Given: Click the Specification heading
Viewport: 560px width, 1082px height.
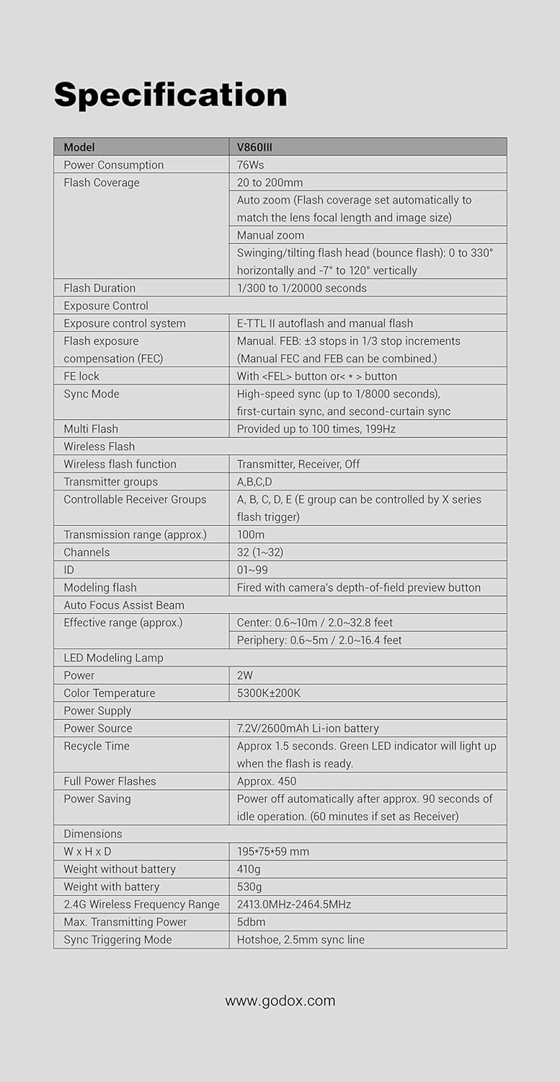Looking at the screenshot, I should pos(170,95).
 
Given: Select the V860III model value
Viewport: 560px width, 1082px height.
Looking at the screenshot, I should pos(254,147).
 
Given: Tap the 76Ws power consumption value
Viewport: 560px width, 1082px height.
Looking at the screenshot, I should pos(250,165).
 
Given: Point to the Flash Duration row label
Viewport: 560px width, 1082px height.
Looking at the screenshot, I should pos(99,288).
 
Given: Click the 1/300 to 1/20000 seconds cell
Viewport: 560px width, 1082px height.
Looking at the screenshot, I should pos(301,288).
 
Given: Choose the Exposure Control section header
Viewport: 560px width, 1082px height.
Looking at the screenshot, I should pos(106,306).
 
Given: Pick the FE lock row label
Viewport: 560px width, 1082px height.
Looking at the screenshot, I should pos(81,376).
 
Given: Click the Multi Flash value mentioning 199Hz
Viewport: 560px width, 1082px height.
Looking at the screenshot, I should pos(316,428).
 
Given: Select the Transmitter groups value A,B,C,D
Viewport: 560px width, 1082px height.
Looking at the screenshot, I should pos(254,482).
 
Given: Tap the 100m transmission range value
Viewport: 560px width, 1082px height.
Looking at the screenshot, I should pos(251,535).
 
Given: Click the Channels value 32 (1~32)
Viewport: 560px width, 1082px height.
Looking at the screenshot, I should pos(260,552).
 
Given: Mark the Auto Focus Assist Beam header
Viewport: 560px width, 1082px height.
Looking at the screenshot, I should pos(124,605).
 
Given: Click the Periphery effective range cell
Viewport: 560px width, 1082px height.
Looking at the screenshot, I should pos(319,640).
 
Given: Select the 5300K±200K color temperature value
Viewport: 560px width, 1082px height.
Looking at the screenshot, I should pos(269,693).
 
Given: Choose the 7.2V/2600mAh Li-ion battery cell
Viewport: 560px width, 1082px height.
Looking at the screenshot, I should pos(308,729).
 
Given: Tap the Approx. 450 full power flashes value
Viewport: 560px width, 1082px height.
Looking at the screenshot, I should pos(267,781).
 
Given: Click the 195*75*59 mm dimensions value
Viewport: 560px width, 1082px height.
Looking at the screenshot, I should pos(273,851).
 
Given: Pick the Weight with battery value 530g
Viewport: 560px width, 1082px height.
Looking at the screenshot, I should pos(249,887).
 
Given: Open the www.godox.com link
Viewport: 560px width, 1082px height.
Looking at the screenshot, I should pos(280,1000).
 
